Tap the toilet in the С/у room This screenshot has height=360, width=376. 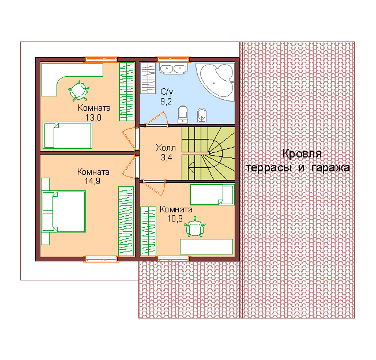183,114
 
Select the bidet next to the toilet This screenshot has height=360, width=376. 202,115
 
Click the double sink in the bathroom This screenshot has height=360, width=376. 173,69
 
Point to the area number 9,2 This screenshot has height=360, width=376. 166,102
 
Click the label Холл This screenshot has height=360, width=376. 166,148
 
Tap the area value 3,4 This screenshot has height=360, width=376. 167,157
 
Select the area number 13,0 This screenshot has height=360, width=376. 93,118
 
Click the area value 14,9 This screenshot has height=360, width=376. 92,181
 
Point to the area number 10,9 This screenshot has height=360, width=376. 175,219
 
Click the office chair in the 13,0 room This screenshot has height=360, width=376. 78,91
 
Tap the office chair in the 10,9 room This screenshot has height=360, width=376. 195,227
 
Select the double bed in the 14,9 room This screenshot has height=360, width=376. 64,211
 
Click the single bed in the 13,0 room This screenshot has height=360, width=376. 67,136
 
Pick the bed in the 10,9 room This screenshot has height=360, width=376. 212,194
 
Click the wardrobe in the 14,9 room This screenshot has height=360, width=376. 126,221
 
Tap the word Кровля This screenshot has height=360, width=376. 302,154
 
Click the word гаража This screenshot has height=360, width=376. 330,168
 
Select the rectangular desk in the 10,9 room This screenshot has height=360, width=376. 206,246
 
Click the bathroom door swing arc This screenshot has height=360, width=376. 166,118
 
